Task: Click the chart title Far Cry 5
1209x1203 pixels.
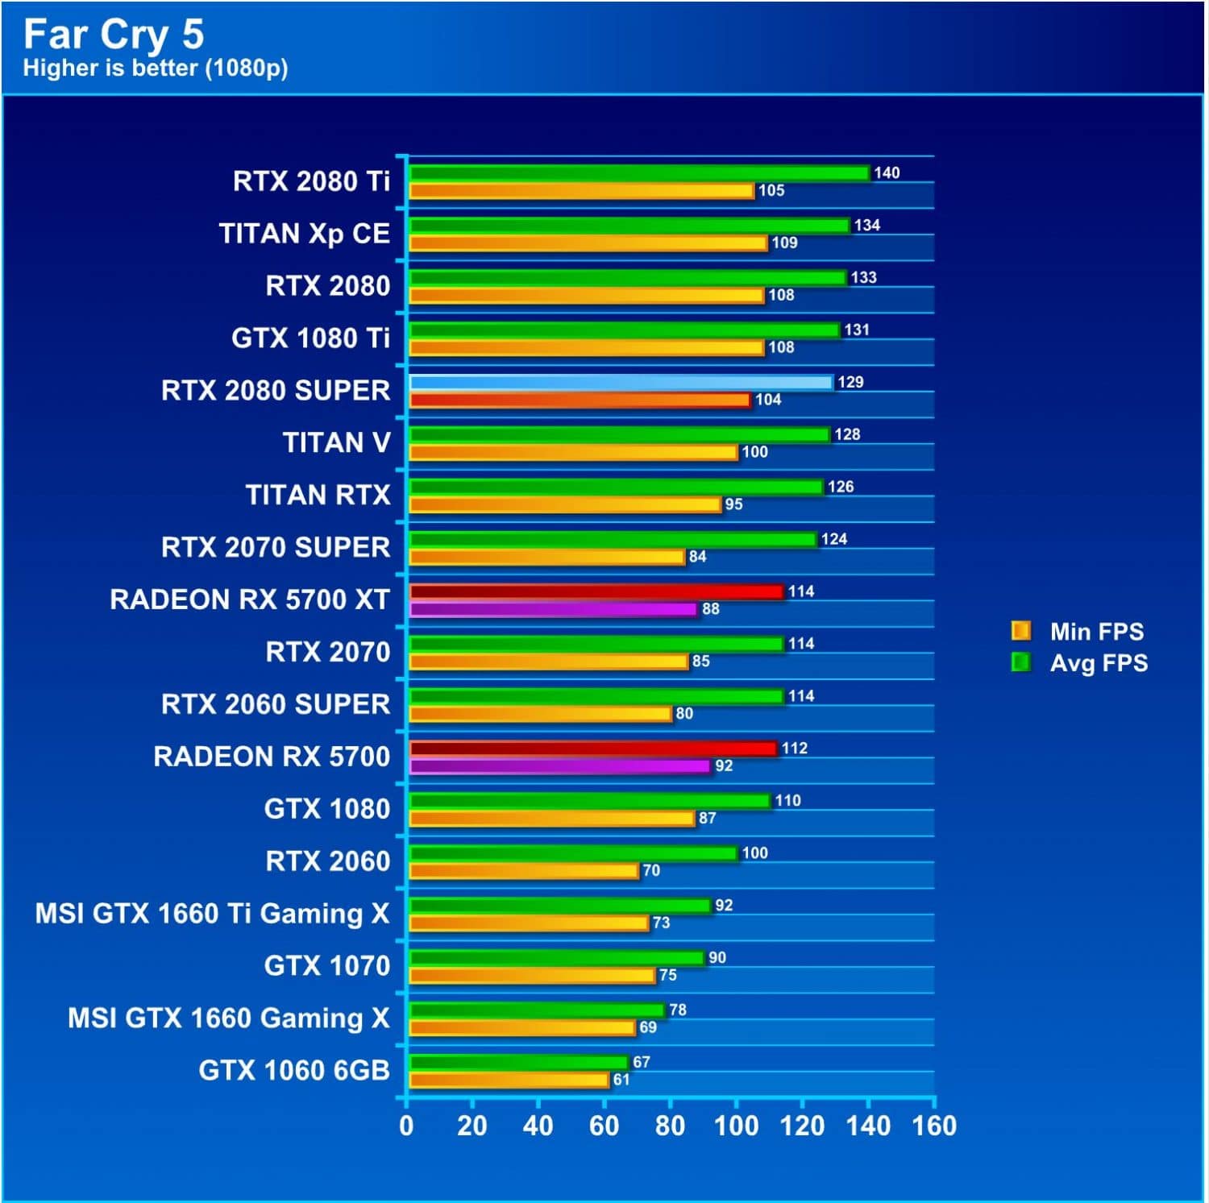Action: (114, 34)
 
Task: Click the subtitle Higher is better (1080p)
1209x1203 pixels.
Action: (156, 68)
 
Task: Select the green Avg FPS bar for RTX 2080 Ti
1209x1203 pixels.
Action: (639, 173)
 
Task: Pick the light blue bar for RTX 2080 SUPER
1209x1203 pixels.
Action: (621, 382)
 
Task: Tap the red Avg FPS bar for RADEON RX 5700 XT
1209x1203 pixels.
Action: (596, 591)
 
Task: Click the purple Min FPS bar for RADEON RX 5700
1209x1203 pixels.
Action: (559, 766)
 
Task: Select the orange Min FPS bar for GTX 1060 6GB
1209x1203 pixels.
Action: (509, 1080)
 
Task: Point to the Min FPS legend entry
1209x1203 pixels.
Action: (1078, 631)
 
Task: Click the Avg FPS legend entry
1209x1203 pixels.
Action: (1080, 663)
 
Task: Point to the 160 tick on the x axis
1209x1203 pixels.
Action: (934, 1126)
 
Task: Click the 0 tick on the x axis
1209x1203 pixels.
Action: (406, 1126)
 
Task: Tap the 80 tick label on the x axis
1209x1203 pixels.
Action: (670, 1126)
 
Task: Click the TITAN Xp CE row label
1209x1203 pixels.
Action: (304, 234)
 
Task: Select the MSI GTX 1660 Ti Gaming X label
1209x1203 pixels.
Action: (212, 914)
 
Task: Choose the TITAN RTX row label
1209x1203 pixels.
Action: (318, 495)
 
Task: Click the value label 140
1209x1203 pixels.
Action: (887, 173)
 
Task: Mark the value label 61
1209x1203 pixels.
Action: (621, 1080)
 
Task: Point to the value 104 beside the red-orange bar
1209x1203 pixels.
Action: (768, 400)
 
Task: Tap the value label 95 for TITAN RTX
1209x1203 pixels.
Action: (733, 504)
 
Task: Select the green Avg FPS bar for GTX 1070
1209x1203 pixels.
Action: (557, 958)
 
